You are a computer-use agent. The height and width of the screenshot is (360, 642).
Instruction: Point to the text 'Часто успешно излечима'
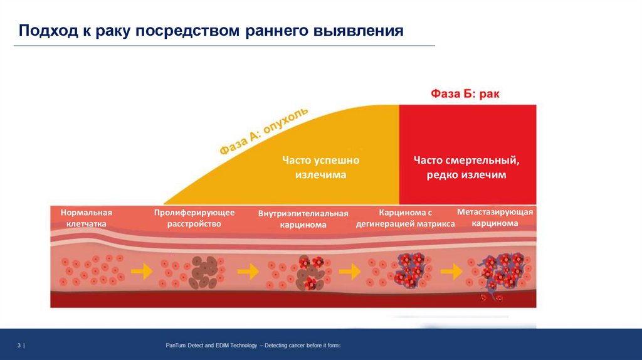point(320,167)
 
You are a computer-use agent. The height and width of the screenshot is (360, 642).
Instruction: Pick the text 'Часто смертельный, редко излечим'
point(466,167)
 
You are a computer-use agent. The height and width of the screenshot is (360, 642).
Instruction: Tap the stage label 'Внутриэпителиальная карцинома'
point(303,219)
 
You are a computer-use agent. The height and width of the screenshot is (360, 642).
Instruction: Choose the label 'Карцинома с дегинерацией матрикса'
point(406,218)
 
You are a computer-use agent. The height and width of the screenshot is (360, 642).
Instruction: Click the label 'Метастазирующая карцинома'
point(495,218)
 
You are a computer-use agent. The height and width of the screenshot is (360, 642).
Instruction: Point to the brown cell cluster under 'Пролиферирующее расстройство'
point(203,272)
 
